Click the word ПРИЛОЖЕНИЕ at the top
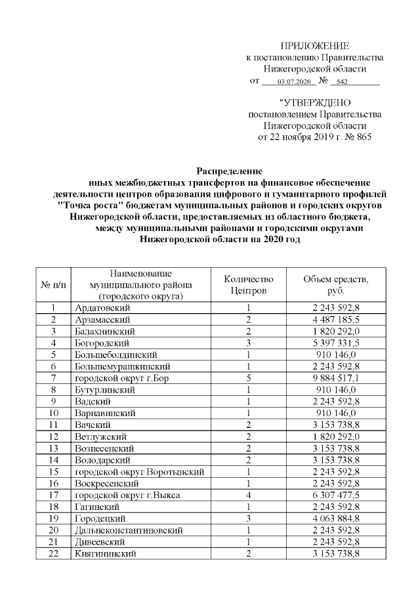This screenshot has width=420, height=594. coord(315,45)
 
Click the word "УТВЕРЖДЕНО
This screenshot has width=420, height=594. coord(315,102)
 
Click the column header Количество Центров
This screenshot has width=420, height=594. coord(249,284)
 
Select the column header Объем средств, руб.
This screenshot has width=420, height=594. coord(335,284)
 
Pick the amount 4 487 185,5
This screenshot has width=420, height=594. coord(335,319)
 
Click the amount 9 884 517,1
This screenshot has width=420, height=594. coord(335,377)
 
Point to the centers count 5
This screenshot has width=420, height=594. coord(249,377)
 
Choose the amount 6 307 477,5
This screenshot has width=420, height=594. coord(335,494)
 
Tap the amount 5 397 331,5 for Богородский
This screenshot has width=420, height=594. coord(335,343)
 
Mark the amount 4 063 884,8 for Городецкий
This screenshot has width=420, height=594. coord(335,518)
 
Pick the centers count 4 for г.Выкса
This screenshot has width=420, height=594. coord(249,494)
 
